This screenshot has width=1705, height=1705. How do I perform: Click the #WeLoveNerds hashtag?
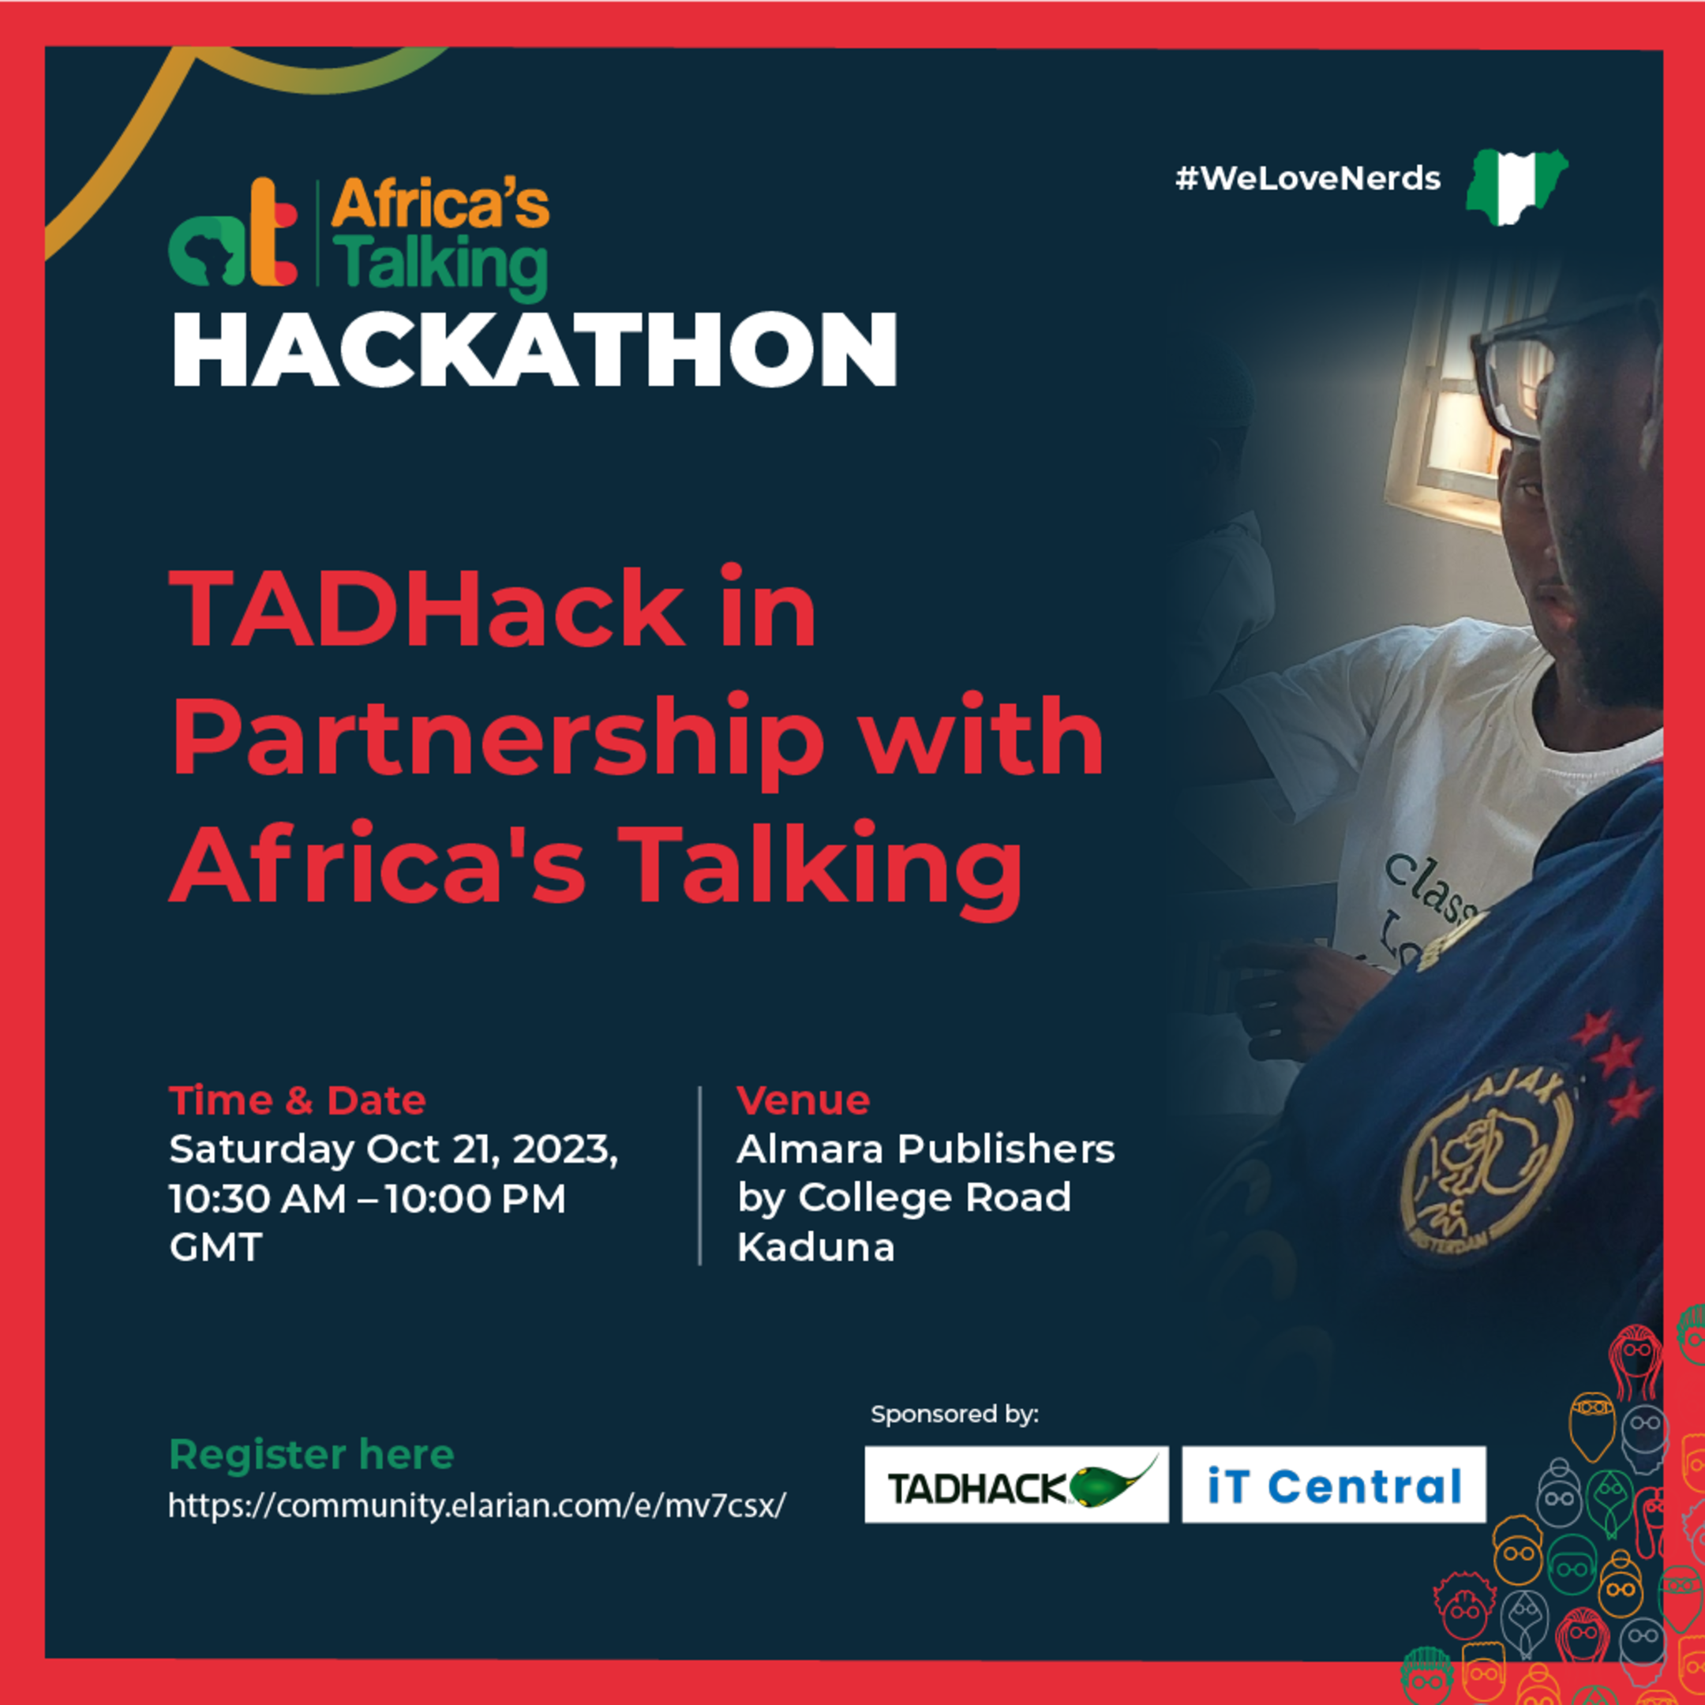1307,179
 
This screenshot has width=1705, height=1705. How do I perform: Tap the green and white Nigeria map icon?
1516,186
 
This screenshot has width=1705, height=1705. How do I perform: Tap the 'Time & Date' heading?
298,1100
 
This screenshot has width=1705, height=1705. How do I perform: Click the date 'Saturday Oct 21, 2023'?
394,1149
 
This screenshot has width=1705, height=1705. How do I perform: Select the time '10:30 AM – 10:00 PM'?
367,1198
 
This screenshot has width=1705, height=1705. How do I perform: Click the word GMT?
215,1247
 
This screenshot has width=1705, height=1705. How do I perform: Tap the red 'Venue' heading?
803,1100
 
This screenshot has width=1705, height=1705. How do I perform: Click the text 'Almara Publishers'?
926,1149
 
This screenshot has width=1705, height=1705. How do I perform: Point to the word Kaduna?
815,1247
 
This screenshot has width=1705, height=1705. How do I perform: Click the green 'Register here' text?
312,1454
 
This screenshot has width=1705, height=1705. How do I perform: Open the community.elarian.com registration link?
477,1505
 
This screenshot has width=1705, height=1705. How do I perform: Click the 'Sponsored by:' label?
954,1414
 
